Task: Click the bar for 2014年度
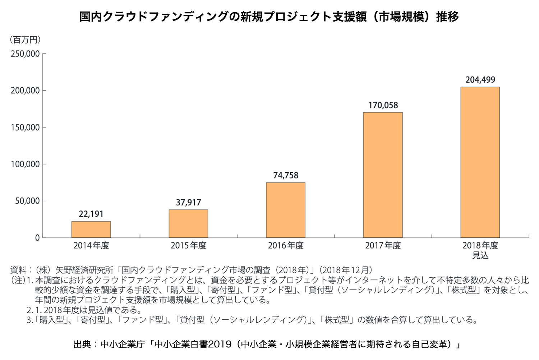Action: pos(91,229)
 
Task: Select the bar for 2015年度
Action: pos(188,224)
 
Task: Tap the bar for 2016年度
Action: pos(286,210)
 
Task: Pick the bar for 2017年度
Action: pos(383,175)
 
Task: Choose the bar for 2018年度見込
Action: pos(480,162)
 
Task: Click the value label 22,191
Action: pos(91,214)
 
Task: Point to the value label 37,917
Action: pos(188,203)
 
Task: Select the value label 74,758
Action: pos(286,176)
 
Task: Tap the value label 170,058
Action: pos(383,105)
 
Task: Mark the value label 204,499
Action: pos(480,80)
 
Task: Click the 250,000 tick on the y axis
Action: pos(25,54)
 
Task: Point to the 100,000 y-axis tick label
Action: pos(25,164)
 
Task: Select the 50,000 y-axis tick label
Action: pos(27,201)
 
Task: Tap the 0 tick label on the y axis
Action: pos(37,238)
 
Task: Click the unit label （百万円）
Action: pos(25,40)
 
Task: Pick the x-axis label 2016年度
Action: pos(286,246)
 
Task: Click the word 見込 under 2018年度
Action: pos(480,256)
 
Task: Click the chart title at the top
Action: pos(269,17)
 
